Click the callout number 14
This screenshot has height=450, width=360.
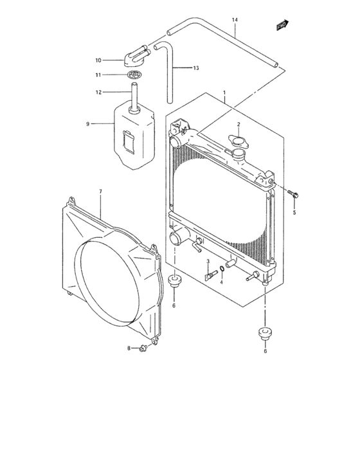click(x=235, y=20)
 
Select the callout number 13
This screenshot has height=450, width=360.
click(x=196, y=67)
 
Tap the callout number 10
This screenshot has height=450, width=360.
click(x=98, y=60)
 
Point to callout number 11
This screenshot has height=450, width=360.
click(x=98, y=75)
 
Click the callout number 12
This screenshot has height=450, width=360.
click(x=98, y=92)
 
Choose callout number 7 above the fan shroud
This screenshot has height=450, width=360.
click(x=100, y=192)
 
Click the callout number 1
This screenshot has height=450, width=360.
click(x=224, y=93)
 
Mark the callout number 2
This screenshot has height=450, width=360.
click(x=238, y=124)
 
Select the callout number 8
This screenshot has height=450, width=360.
click(x=129, y=348)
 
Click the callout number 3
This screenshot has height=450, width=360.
click(x=208, y=261)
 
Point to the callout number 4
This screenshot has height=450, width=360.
click(x=221, y=282)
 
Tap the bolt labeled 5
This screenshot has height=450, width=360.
click(x=292, y=192)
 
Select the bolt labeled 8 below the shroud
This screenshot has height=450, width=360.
click(x=143, y=348)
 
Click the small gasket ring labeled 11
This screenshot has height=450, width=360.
click(x=134, y=76)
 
